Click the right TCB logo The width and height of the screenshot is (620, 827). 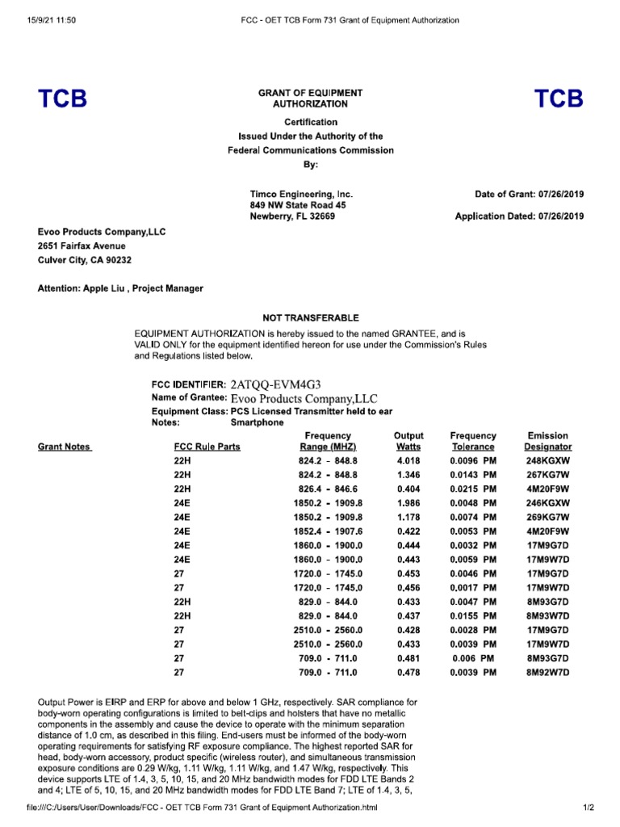click(558, 99)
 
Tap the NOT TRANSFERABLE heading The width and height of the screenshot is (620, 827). click(310, 317)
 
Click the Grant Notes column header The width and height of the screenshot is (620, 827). click(65, 447)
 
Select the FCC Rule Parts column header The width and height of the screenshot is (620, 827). click(207, 447)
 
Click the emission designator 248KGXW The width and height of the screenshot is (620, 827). click(548, 460)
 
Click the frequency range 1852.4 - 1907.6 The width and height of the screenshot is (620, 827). click(328, 531)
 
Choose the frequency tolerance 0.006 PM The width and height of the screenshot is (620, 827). click(473, 657)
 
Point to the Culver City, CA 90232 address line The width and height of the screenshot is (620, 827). click(85, 260)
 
